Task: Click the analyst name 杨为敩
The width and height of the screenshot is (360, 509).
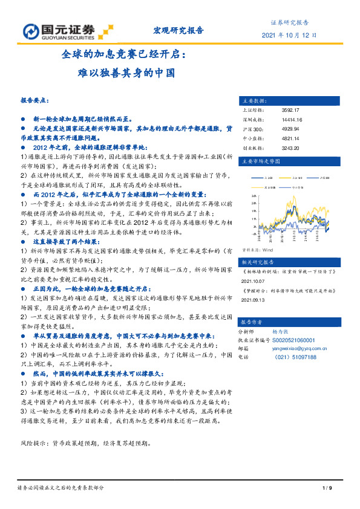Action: tap(281, 332)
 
